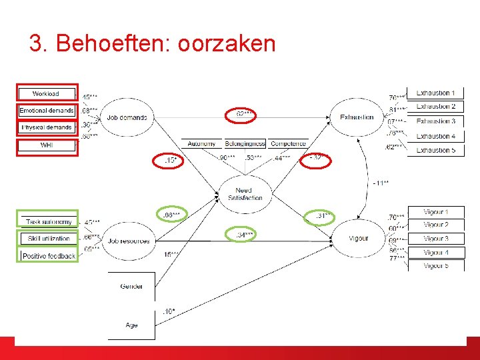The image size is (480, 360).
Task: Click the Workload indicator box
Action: [x=45, y=94]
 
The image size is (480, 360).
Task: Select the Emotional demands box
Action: [x=45, y=111]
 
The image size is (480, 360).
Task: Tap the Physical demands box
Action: [x=47, y=127]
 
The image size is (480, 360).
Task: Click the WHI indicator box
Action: [x=47, y=145]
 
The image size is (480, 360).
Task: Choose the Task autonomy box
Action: [x=48, y=221]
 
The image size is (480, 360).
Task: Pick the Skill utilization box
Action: [x=48, y=239]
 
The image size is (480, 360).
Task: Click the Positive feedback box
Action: [x=48, y=256]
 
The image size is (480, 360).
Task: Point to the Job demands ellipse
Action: [x=127, y=118]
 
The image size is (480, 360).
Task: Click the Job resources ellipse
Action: [x=128, y=240]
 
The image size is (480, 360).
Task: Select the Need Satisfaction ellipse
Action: [x=243, y=194]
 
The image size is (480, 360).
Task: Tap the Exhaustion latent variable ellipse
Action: [x=357, y=117]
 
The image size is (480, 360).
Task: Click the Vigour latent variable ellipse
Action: [x=358, y=238]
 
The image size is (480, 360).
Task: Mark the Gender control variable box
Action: [x=131, y=287]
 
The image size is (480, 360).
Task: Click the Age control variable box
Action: [x=131, y=325]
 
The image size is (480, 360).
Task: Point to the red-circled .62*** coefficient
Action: [x=243, y=115]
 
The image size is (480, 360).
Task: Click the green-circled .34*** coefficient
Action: [x=244, y=235]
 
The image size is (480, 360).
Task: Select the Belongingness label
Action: [x=245, y=144]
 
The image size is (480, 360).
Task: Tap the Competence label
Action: [x=289, y=144]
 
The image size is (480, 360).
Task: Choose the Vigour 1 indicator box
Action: [x=435, y=212]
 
